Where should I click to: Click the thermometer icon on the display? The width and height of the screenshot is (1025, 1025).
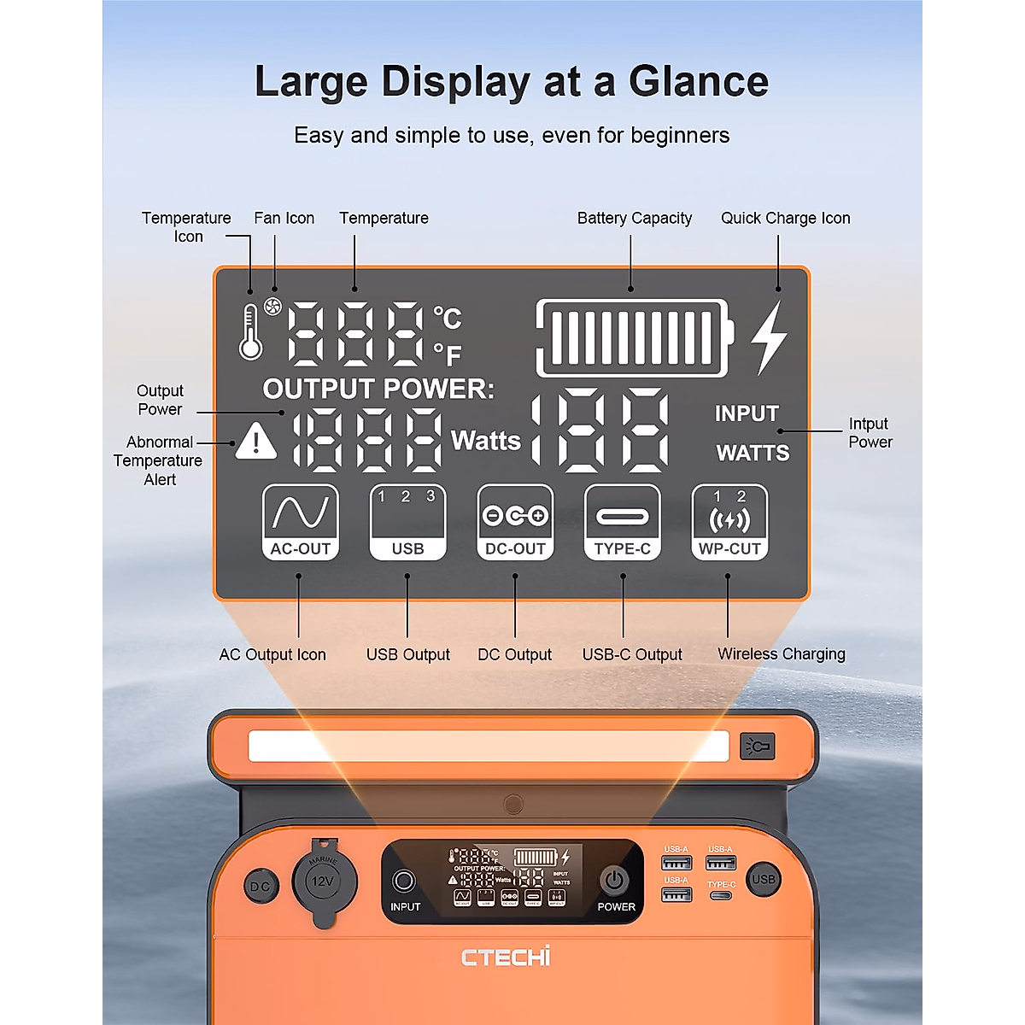click(x=250, y=332)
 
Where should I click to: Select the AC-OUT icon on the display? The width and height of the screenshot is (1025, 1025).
click(x=300, y=522)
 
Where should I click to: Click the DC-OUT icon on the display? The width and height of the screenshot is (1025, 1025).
click(x=515, y=522)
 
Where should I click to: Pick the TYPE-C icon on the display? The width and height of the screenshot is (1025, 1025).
click(x=623, y=522)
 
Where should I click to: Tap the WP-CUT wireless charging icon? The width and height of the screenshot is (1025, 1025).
click(x=729, y=522)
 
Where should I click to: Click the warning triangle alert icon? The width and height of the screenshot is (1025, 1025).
click(x=255, y=442)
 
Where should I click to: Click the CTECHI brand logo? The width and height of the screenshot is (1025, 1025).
click(x=506, y=957)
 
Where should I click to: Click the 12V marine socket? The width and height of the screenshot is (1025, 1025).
click(x=323, y=881)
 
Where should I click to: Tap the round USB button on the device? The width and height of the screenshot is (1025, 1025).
click(x=763, y=879)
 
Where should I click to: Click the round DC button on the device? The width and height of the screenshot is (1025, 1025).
click(x=260, y=887)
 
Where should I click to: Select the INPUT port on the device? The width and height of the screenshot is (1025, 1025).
click(x=404, y=881)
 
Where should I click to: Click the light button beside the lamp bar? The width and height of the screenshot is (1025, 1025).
click(x=758, y=747)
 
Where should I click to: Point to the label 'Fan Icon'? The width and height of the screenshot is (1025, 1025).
click(x=284, y=218)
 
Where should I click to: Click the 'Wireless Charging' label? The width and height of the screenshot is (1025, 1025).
click(x=782, y=653)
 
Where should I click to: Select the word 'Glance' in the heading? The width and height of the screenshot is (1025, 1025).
click(x=699, y=82)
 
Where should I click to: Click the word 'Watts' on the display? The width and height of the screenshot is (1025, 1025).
click(x=485, y=441)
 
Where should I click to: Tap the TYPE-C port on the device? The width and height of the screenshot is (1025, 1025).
click(x=721, y=895)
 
